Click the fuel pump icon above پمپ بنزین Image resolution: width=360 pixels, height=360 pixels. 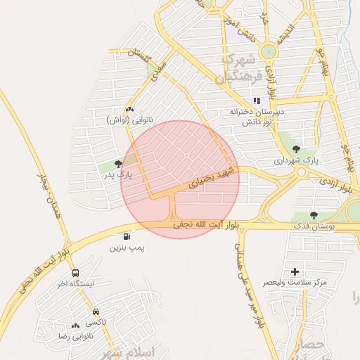(x=127, y=236)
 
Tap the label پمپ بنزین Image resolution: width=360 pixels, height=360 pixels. (x=127, y=248)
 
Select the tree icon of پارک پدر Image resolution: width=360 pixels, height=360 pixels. (x=118, y=163)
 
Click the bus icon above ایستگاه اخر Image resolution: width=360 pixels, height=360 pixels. (x=75, y=273)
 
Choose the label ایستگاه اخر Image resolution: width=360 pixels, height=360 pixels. (x=75, y=285)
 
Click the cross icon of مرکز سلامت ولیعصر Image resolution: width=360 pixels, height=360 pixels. (x=295, y=271)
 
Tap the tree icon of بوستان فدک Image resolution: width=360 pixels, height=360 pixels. (x=314, y=215)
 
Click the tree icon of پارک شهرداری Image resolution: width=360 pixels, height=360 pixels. (x=295, y=148)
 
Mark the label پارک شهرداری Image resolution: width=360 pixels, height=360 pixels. (x=297, y=160)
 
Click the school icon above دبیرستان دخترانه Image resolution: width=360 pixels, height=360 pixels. (x=257, y=100)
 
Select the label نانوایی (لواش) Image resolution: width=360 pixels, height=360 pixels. (x=129, y=120)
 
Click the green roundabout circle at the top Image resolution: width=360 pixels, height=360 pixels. (x=268, y=51)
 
